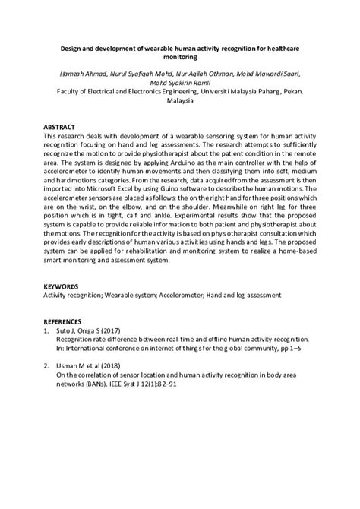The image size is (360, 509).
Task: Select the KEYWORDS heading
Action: [61, 286]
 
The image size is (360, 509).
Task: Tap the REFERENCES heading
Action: [63, 322]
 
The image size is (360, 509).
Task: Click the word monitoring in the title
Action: [179, 56]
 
